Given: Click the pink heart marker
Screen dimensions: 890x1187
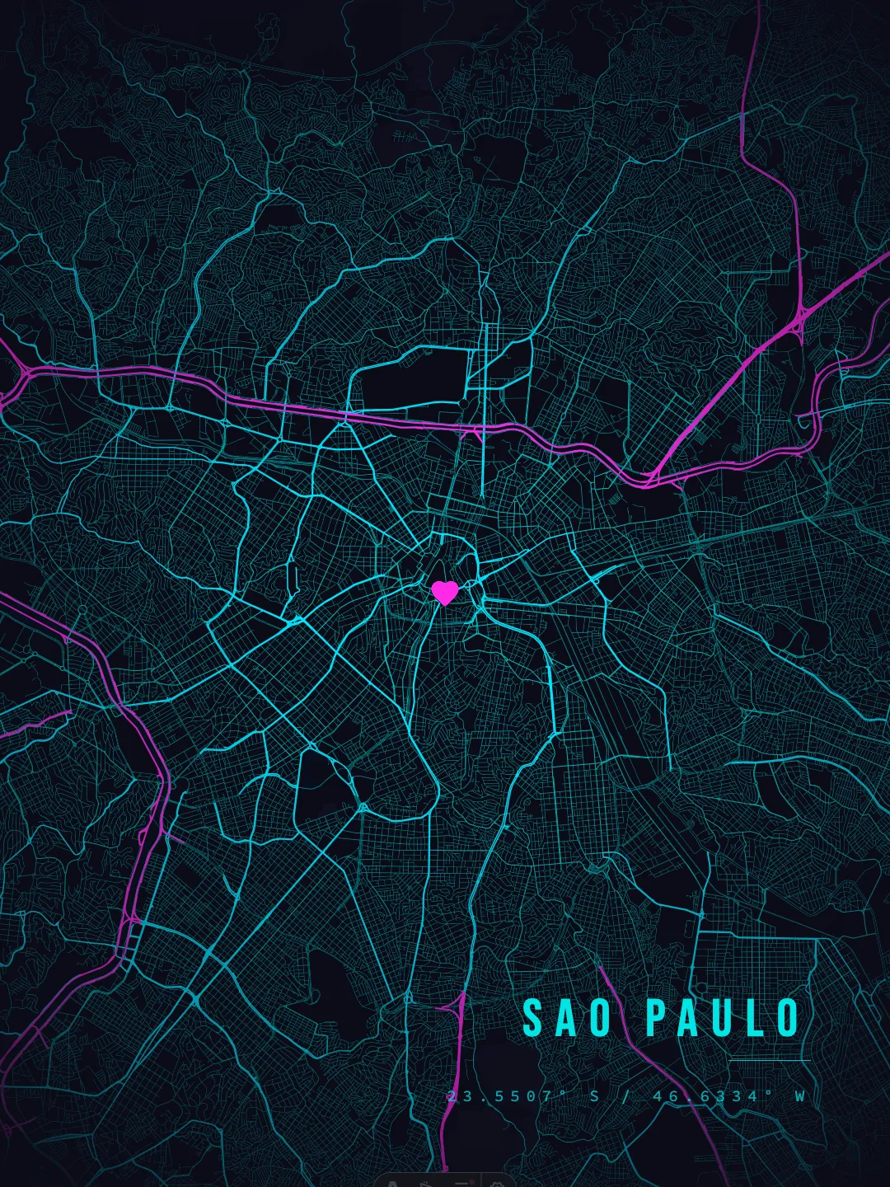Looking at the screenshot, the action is coord(445,592).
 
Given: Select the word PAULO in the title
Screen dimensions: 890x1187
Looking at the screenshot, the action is coord(723,1018).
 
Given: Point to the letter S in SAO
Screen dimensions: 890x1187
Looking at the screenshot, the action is coord(533,1018).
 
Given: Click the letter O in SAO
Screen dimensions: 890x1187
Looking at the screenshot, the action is coord(600,1018).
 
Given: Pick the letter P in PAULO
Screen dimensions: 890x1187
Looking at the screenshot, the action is coord(656,1018).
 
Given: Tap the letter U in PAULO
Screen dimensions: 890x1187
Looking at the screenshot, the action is coord(724,1018).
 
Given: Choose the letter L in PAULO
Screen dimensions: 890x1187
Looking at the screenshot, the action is coord(756,1018).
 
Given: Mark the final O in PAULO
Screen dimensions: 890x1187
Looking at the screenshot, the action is coord(789,1018).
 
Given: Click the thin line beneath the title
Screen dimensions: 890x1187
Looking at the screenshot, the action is coord(770,1060).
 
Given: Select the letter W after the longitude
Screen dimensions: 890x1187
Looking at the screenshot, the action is coord(799,1096).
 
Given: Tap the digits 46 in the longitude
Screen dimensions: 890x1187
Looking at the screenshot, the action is coord(665,1096).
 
